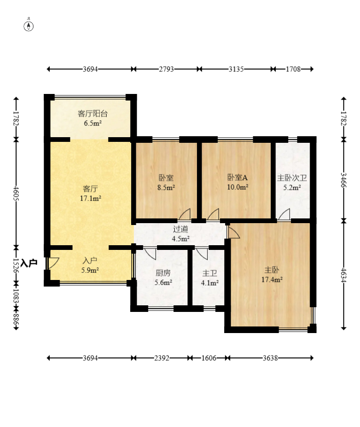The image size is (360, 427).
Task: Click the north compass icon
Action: click(29, 25)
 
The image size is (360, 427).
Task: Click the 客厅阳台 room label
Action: click(93, 114)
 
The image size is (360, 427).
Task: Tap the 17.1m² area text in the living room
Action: click(91, 198)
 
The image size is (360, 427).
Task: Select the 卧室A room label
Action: click(237, 178)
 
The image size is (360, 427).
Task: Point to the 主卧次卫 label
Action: click(292, 178)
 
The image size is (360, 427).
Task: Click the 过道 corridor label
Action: click(180, 229)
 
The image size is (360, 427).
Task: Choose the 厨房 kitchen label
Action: click(163, 273)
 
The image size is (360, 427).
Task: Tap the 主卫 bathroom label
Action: click(210, 273)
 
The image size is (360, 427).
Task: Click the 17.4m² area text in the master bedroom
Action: click(272, 279)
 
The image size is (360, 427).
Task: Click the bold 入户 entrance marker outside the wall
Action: click(29, 263)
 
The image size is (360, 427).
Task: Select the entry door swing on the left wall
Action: click(54, 263)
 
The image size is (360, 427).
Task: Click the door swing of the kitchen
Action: click(150, 254)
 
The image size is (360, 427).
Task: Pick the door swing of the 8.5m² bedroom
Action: click(185, 214)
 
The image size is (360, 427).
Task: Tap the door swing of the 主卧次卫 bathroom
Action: click(284, 214)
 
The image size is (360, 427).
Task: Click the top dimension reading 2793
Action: click(166, 69)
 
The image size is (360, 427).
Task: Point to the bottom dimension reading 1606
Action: click(209, 358)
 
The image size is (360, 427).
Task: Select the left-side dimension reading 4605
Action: click(16, 194)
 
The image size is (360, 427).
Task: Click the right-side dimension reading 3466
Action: click(344, 180)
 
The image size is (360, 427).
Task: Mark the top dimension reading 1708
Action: click(293, 69)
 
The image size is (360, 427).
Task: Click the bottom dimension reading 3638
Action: click(270, 358)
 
